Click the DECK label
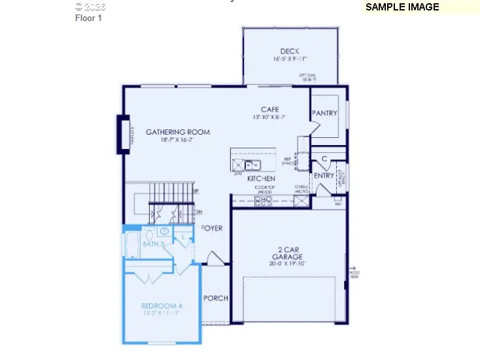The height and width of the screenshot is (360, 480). click(290, 51)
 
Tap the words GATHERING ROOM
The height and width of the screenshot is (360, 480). click(178, 131)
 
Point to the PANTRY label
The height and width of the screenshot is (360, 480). click(324, 113)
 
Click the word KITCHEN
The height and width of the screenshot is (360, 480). click(261, 178)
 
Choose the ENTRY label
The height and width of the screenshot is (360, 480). click(324, 176)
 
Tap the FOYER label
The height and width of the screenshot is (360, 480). click(212, 229)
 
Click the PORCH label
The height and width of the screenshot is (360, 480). click(216, 298)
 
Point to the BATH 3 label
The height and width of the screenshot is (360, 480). click(153, 244)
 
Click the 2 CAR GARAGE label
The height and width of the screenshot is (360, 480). click(287, 252)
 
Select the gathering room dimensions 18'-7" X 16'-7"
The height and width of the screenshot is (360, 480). click(178, 140)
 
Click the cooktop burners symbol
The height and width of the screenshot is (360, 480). click(264, 200)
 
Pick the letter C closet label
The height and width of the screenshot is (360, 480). click(324, 159)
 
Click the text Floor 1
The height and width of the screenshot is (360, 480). click(88, 18)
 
